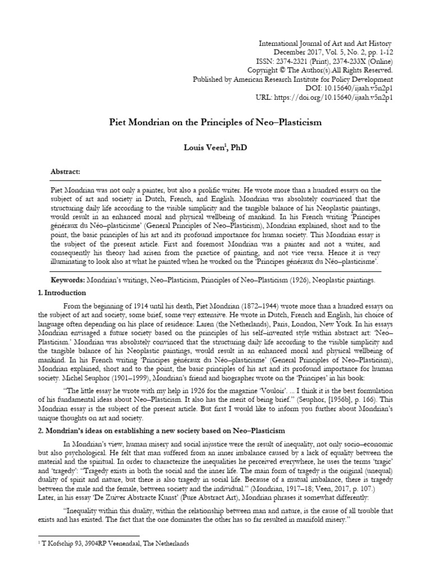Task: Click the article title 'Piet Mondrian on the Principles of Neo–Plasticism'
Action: point(215,122)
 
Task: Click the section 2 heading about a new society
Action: point(154,430)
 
